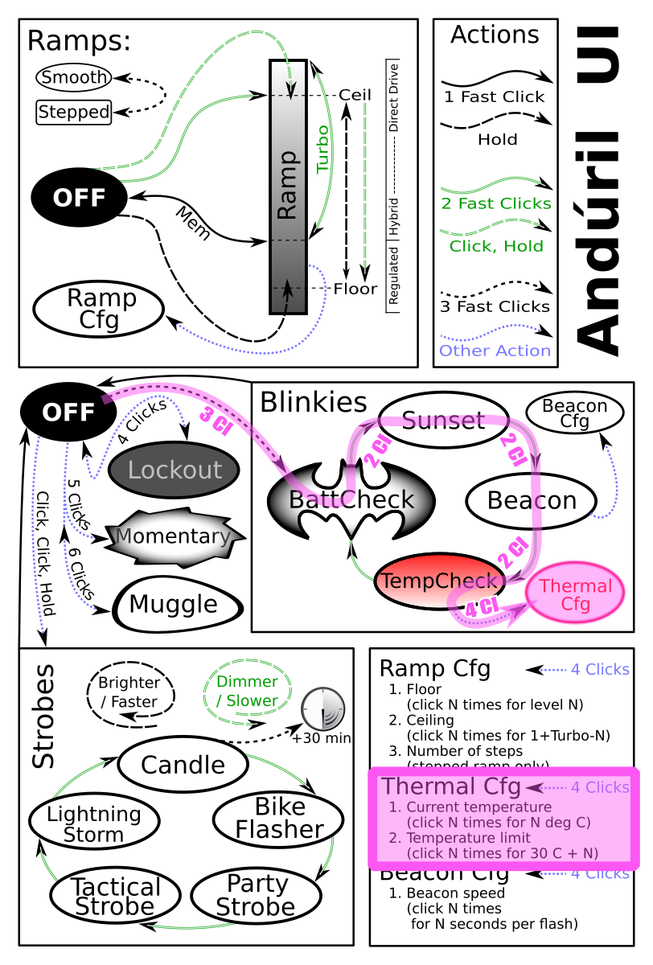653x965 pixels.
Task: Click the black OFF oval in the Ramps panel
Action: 79,197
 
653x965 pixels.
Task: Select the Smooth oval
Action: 74,77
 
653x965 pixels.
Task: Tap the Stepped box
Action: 74,112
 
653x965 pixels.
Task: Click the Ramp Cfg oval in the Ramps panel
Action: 99,310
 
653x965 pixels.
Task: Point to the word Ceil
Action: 355,95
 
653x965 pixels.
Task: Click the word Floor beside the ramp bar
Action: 355,288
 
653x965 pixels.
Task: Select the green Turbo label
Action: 322,149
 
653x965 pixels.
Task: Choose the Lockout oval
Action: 174,470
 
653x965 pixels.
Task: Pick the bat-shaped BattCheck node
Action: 351,499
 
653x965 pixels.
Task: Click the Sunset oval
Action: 443,420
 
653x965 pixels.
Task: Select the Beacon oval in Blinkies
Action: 532,500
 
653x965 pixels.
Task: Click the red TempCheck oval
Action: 439,580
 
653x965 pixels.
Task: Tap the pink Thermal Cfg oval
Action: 577,596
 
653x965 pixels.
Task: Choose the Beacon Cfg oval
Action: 574,413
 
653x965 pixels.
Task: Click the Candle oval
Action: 183,764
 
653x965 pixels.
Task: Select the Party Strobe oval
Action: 256,895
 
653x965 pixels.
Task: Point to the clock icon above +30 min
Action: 322,709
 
